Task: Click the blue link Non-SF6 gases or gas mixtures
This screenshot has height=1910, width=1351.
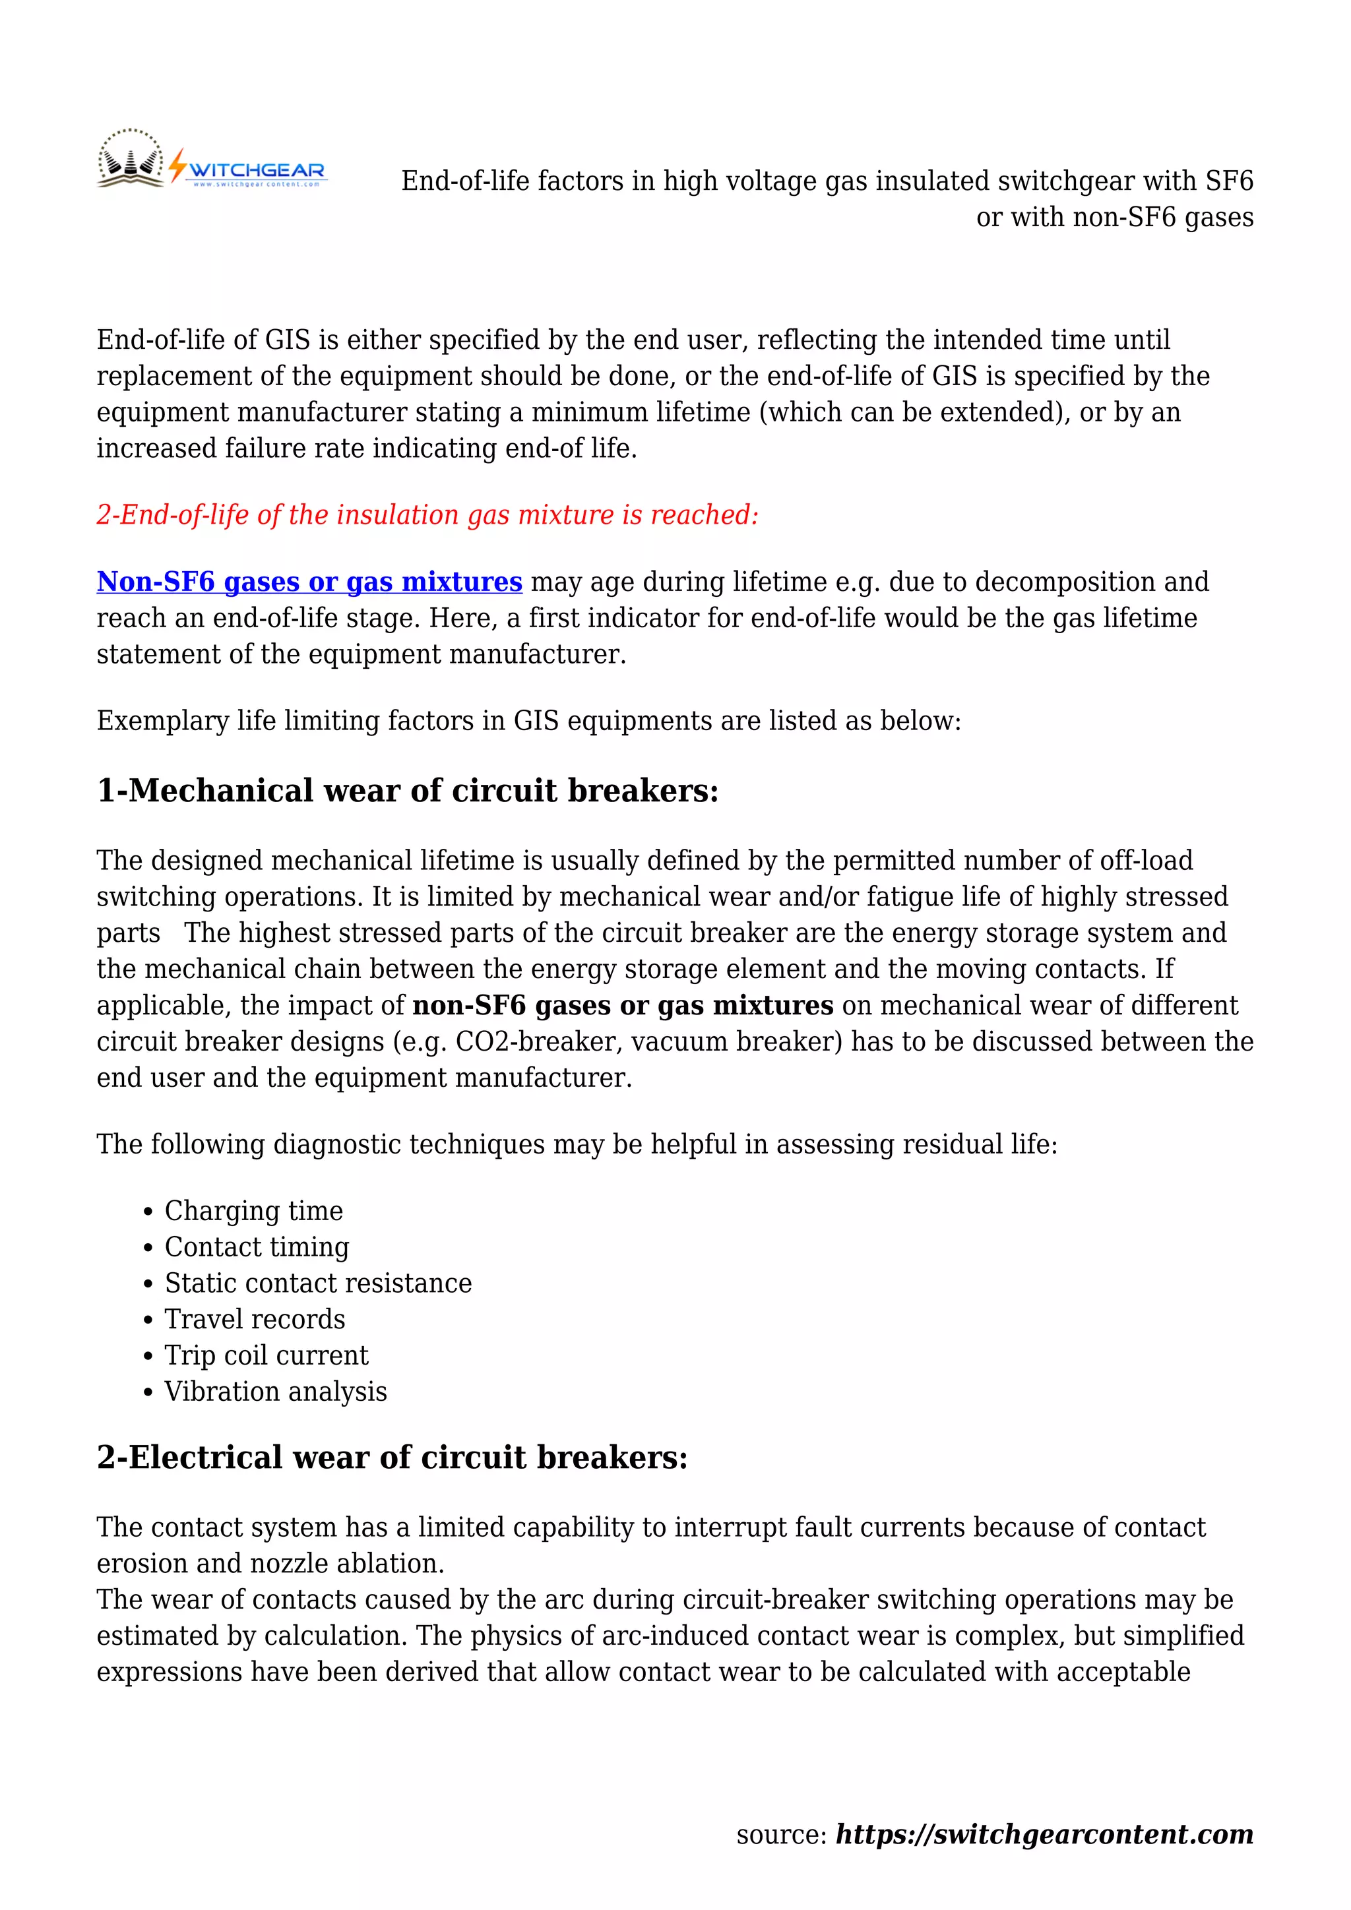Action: (309, 582)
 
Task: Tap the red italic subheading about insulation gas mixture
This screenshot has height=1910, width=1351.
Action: (427, 515)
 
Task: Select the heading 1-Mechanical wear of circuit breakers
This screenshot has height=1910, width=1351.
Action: (408, 790)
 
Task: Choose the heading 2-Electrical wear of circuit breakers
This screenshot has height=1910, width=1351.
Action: (393, 1458)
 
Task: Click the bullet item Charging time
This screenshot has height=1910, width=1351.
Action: (254, 1210)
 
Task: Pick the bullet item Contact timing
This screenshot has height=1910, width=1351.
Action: (257, 1247)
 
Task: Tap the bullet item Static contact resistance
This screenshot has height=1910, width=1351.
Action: (318, 1283)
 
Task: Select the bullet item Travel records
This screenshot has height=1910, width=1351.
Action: (255, 1319)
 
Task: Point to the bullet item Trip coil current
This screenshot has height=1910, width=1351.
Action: (267, 1355)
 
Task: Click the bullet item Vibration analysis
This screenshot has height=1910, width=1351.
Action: (275, 1392)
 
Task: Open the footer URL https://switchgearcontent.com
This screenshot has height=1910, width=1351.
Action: (1044, 1834)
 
